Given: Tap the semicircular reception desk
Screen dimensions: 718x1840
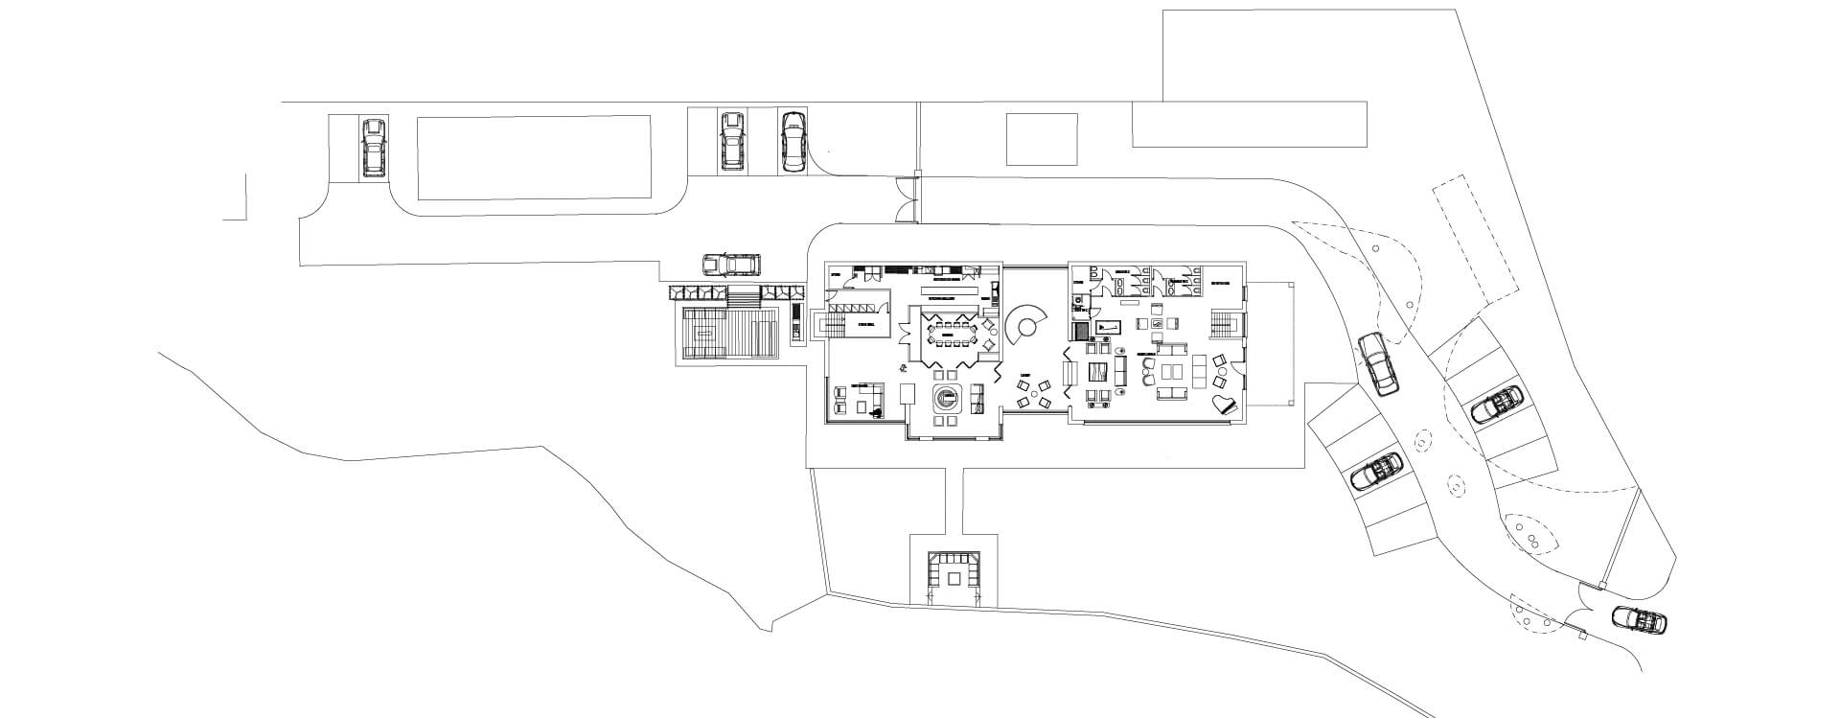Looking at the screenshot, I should point(1024,329).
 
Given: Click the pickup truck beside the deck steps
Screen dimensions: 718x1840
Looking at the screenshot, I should point(731,264).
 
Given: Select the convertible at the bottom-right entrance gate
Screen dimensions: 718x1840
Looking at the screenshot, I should point(1639,620).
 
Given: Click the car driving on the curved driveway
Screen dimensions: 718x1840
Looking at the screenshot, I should point(1378,363).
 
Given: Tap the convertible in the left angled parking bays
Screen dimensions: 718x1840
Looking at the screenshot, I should point(1376,473).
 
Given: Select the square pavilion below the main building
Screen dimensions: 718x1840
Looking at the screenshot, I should point(954,576).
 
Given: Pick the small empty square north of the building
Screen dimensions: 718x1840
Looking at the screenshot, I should point(1042,139).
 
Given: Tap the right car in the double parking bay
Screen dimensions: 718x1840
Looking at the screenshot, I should point(793,142).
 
